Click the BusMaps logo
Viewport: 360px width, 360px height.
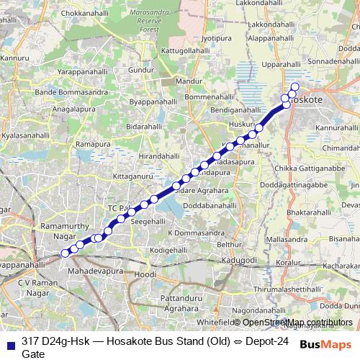coord(325,343)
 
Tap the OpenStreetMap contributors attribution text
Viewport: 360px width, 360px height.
coord(297,323)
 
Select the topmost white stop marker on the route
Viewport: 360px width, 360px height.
coord(294,87)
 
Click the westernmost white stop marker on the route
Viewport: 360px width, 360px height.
coord(65,253)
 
